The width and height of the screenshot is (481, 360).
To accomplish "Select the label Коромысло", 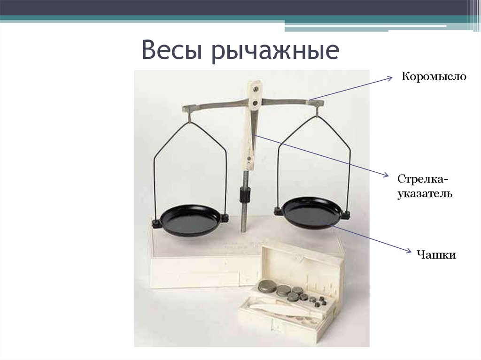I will click(x=434, y=76).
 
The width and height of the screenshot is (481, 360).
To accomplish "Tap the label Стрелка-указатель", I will click(x=425, y=186).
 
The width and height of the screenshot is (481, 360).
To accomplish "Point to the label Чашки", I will click(x=436, y=255).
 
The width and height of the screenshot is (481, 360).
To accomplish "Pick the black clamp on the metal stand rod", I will click(x=245, y=193).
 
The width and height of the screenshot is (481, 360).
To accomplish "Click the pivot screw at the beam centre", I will click(x=255, y=101).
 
